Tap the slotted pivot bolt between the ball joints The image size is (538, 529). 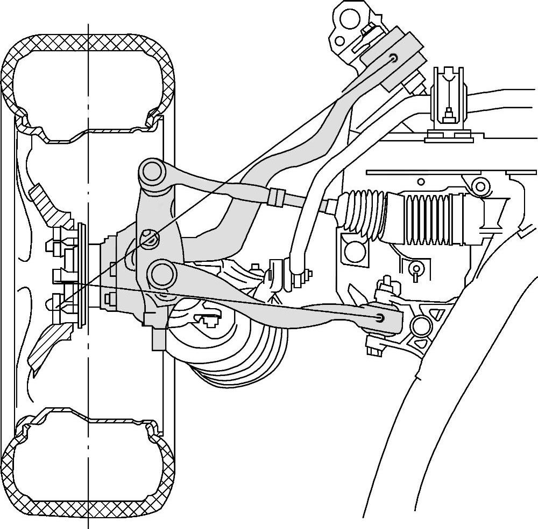(x=150, y=237)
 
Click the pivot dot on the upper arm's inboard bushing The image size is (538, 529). (x=395, y=58)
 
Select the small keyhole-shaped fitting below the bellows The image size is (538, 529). (x=415, y=268)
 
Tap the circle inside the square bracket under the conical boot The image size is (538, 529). (x=354, y=249)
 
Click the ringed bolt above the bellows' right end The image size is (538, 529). (x=479, y=186)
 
